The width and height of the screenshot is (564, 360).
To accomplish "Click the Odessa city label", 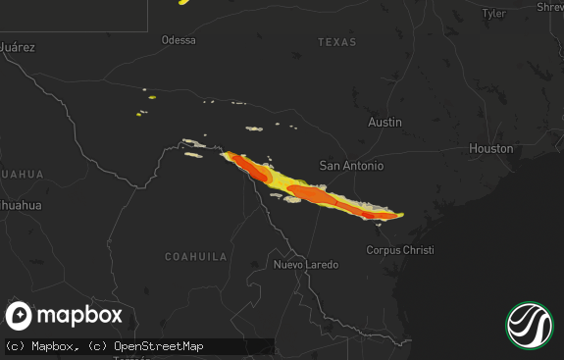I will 179,40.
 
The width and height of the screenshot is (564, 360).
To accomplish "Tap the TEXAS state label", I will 336,42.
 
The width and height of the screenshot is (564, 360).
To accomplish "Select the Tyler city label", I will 494,14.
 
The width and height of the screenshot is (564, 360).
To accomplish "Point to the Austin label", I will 385,123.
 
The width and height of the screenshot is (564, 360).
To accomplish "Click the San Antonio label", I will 352,166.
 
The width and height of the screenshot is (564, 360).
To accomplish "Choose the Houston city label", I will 490,148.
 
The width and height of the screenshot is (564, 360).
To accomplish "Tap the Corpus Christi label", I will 399,250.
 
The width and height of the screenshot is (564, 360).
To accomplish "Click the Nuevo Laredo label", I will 306,265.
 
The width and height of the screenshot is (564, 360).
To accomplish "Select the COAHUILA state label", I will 195,256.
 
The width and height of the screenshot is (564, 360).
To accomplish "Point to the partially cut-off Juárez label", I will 17,46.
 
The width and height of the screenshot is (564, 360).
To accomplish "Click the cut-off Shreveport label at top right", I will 550,8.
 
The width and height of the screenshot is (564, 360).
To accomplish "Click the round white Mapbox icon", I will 20,316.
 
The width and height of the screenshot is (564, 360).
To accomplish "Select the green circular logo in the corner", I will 530,325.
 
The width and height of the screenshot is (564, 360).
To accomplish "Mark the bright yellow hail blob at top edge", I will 184,2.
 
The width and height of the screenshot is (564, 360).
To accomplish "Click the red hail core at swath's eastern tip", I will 371,214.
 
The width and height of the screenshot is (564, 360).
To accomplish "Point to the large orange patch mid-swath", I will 314,195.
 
